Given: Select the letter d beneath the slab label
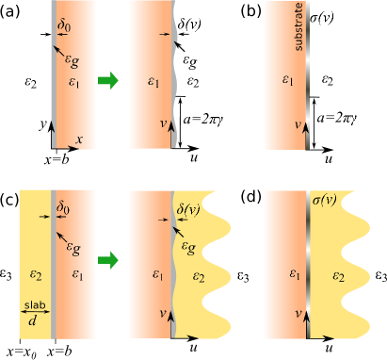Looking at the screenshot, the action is (x=33, y=321).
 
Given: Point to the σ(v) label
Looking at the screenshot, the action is (x=325, y=200).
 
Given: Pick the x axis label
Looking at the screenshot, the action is (x=79, y=139).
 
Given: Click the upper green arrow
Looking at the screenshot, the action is (x=108, y=80).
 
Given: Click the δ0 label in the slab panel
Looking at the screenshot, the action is (x=64, y=203).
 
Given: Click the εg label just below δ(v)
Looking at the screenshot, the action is (x=190, y=247).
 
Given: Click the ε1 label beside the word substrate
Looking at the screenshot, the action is (x=287, y=83).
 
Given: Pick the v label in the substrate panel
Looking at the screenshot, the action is (x=298, y=123).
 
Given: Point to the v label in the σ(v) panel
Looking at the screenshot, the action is (x=298, y=311).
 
